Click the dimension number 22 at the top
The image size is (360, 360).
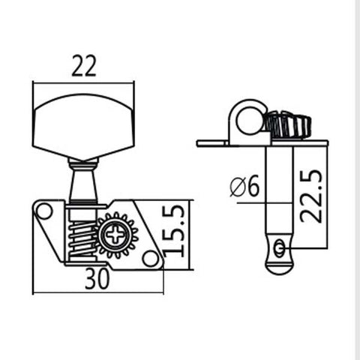coord(83,67)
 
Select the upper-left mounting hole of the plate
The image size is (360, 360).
coord(44,212)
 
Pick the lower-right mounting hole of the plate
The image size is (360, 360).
coord(150,259)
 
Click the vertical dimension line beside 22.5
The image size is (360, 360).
coord(328,195)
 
